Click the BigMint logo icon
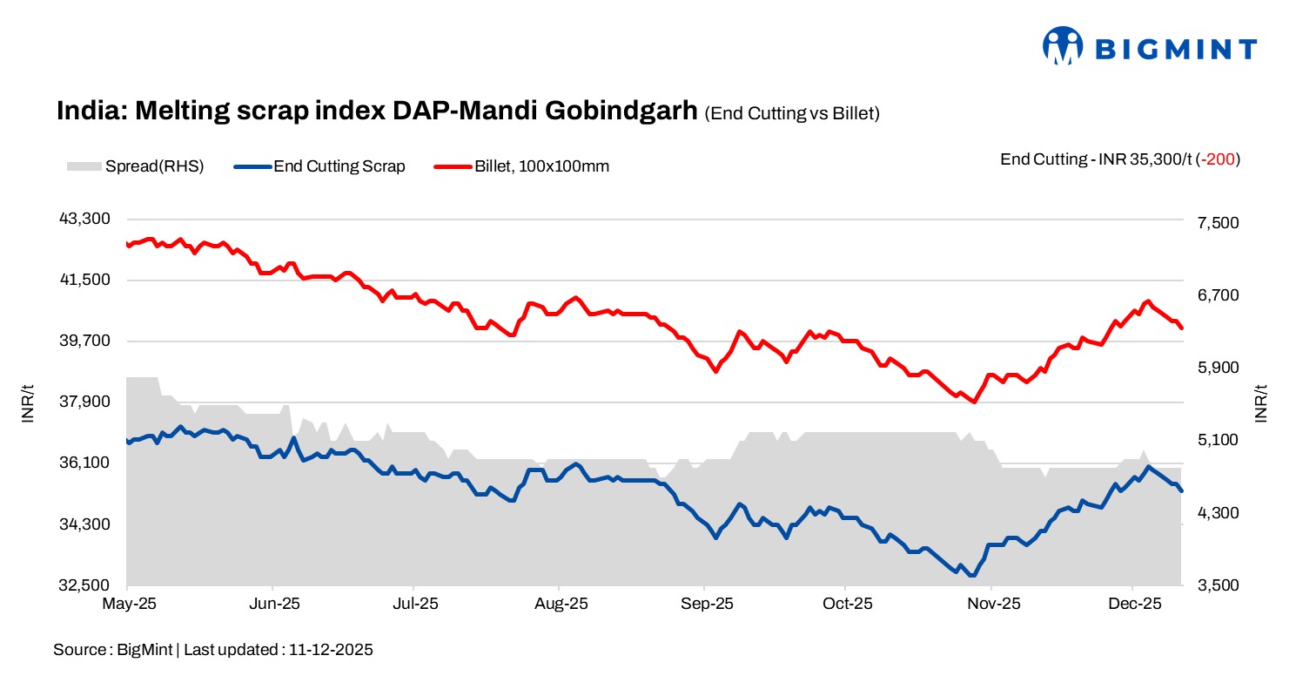[1063, 45]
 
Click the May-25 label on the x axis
[127, 604]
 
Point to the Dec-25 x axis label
[1134, 604]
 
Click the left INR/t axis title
[28, 402]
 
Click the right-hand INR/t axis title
[1261, 402]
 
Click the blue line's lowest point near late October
[970, 574]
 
